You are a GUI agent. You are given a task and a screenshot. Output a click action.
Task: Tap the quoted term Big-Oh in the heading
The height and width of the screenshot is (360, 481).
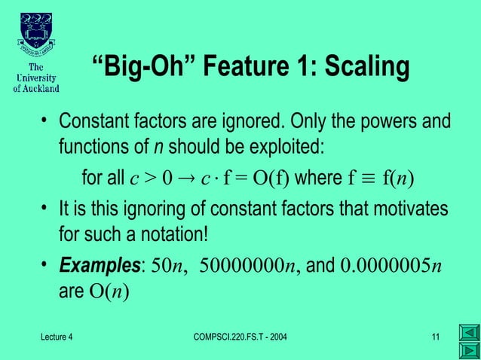pos(142,67)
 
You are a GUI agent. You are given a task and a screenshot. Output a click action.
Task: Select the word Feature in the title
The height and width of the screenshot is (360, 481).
pos(244,67)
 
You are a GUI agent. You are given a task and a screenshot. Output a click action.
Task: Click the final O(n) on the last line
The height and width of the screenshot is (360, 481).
pos(109,287)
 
